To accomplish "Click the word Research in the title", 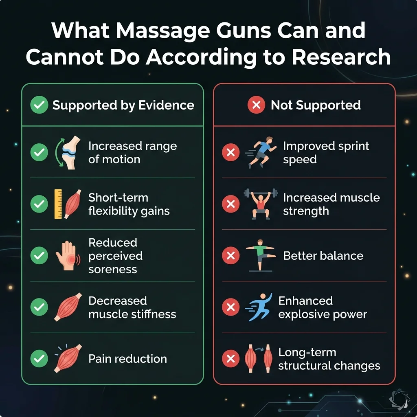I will (341, 57).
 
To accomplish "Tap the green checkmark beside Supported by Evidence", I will (40, 105).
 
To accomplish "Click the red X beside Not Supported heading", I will (256, 105).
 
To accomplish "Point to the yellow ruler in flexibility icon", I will (58, 204).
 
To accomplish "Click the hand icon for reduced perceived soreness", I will (67, 256).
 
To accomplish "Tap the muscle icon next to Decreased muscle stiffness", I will (68, 307).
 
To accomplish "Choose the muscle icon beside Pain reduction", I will (68, 358).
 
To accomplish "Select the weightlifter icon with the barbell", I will (261, 204).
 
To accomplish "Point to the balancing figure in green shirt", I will (261, 256).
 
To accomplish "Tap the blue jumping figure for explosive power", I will (260, 307).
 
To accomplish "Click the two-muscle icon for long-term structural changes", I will (259, 358).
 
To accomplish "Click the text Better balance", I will (323, 256).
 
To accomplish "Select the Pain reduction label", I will (127, 359).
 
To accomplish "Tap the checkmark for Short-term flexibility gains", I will (39, 204).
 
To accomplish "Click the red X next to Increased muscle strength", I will (230, 204).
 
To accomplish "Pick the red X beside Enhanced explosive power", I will (230, 307).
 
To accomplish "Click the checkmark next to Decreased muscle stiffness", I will (39, 307).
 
